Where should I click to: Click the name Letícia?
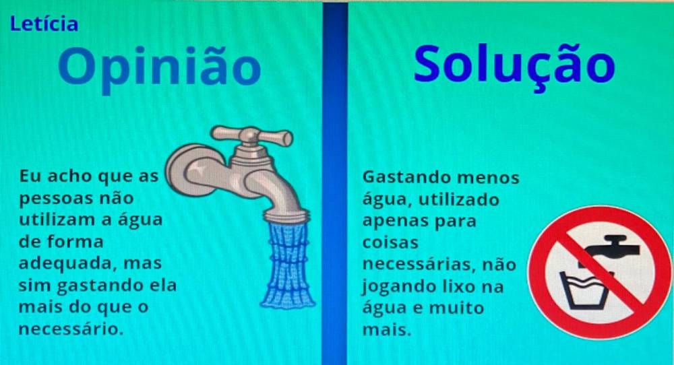tap(44, 24)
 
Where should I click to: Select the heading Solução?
tap(514, 65)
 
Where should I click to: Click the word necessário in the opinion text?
tap(71, 329)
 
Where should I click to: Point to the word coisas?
tap(390, 242)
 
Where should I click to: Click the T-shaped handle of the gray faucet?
tap(253, 135)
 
